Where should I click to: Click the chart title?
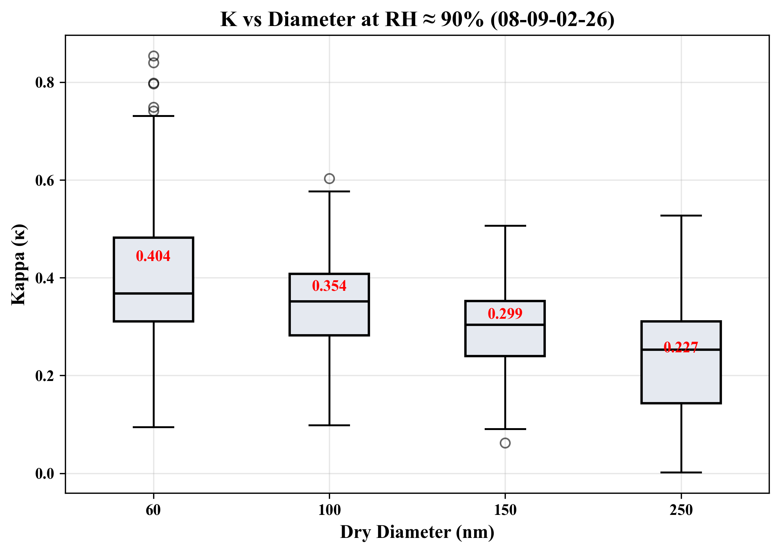click(x=417, y=20)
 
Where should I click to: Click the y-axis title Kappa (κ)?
click(x=18, y=264)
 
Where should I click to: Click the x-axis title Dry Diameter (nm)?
click(x=417, y=532)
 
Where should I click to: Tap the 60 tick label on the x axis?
click(x=153, y=510)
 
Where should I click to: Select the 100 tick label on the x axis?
click(x=329, y=510)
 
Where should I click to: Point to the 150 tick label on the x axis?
click(x=505, y=510)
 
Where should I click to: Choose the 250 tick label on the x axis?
click(x=681, y=510)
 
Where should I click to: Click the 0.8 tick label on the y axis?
click(x=45, y=83)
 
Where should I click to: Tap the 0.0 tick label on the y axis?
click(x=45, y=474)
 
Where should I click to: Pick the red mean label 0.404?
click(x=153, y=257)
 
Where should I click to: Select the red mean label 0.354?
click(x=329, y=286)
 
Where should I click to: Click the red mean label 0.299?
click(x=505, y=314)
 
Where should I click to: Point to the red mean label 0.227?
click(x=681, y=347)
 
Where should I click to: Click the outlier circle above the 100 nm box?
click(x=329, y=178)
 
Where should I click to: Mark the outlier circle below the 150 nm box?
click(x=505, y=443)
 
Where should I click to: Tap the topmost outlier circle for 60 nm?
click(x=154, y=56)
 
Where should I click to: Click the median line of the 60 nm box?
click(x=154, y=293)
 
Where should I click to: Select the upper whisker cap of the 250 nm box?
click(x=681, y=215)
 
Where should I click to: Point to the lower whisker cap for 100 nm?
click(x=329, y=425)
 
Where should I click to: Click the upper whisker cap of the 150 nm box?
click(x=505, y=226)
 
